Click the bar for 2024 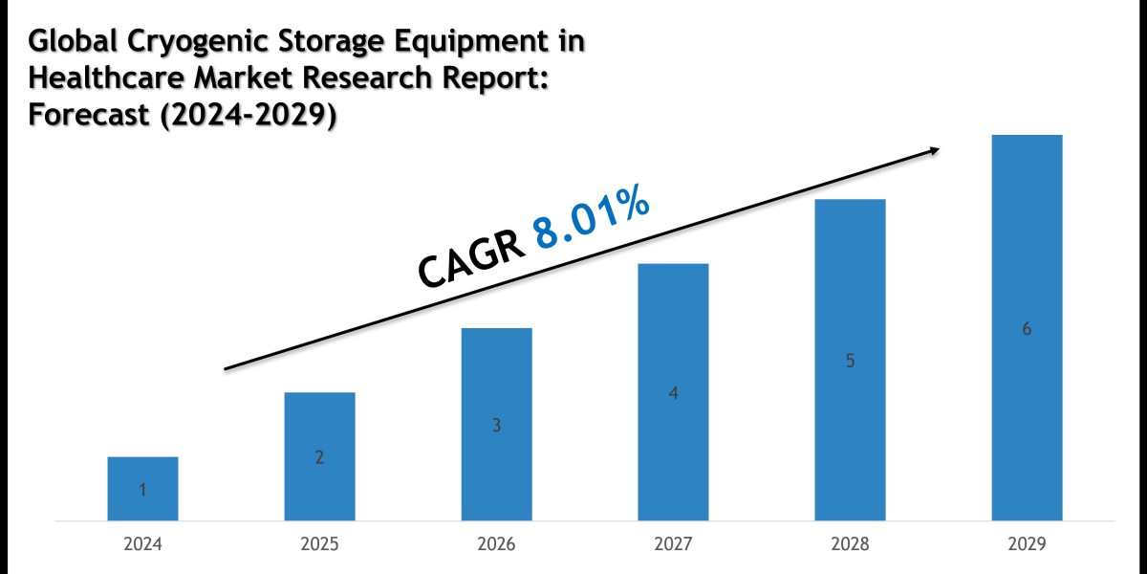click(x=142, y=488)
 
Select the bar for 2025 click(x=319, y=456)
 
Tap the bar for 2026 click(x=496, y=424)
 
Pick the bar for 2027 click(x=673, y=391)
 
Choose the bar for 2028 click(x=850, y=360)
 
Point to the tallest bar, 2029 click(x=1027, y=327)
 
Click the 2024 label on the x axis click(x=142, y=544)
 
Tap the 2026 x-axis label click(x=496, y=544)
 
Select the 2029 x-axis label click(x=1027, y=544)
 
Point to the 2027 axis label click(x=673, y=544)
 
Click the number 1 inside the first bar click(x=142, y=491)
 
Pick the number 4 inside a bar click(x=673, y=393)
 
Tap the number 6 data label click(x=1027, y=329)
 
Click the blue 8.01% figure click(x=592, y=223)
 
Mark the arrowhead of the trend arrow click(x=933, y=150)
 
